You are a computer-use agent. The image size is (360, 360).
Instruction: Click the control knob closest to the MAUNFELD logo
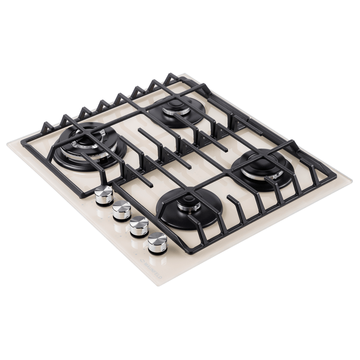pyautogui.click(x=157, y=242)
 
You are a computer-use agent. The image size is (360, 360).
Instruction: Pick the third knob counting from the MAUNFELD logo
pyautogui.click(x=122, y=210)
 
